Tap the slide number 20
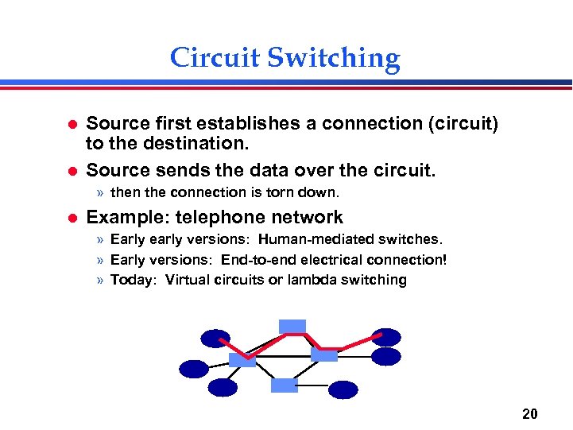pyautogui.click(x=530, y=413)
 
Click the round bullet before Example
pyautogui.click(x=70, y=218)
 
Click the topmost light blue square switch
pyautogui.click(x=292, y=326)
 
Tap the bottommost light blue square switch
pyautogui.click(x=284, y=385)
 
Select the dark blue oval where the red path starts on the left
pyautogui.click(x=215, y=339)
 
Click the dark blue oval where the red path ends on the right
pyautogui.click(x=386, y=337)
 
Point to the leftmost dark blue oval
pyautogui.click(x=194, y=369)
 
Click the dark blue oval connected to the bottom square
pyautogui.click(x=343, y=389)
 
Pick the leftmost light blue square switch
pyautogui.click(x=242, y=359)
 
